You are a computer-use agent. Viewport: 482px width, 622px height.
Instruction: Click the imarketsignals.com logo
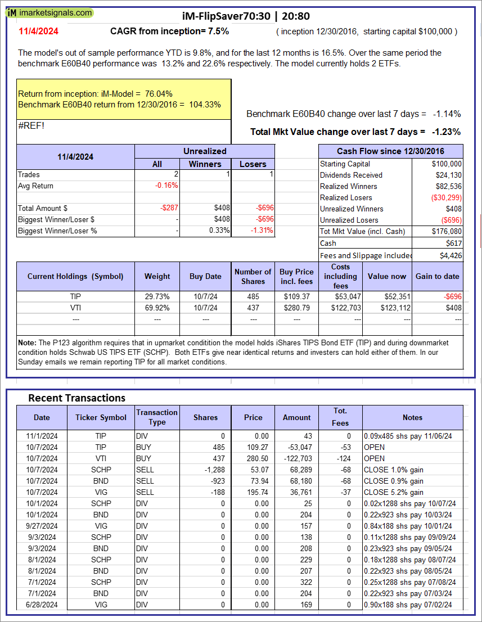click(x=50, y=12)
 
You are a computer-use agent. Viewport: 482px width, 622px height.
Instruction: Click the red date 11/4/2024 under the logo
click(x=38, y=31)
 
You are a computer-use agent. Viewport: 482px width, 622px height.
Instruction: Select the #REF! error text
click(x=31, y=125)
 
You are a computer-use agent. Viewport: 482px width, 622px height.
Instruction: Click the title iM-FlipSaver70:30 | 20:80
click(x=246, y=16)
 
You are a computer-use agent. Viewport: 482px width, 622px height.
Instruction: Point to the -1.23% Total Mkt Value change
click(x=446, y=132)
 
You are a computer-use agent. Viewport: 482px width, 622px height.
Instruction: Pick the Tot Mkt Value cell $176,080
click(x=447, y=231)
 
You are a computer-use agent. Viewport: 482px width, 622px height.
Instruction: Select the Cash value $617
click(x=453, y=243)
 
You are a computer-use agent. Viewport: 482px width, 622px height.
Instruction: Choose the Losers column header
click(x=253, y=164)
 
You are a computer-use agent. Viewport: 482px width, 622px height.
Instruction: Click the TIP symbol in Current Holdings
click(x=76, y=296)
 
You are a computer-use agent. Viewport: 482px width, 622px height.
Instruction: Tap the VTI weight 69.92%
click(x=157, y=308)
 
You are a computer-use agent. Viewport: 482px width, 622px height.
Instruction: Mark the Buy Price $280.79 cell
click(x=297, y=308)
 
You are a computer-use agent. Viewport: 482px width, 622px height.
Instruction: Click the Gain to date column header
click(x=438, y=276)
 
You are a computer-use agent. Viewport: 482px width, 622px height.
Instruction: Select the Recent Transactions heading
click(x=76, y=398)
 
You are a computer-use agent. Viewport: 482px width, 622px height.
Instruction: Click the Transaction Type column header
click(x=157, y=417)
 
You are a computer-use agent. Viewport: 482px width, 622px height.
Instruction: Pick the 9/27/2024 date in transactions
click(x=42, y=526)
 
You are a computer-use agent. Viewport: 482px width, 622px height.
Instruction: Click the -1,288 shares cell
click(x=213, y=470)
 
